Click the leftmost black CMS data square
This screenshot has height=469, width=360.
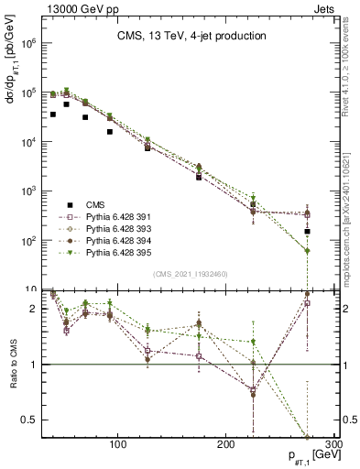click(x=53, y=115)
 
